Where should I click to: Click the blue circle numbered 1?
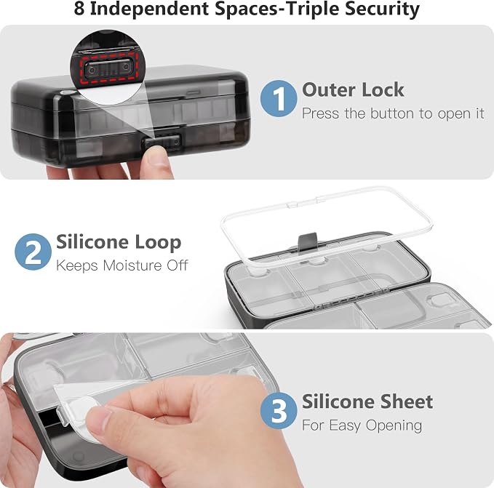(x=279, y=98)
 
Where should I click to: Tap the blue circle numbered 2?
(x=33, y=252)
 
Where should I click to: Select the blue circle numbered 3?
(x=279, y=411)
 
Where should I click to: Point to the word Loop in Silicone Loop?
(x=158, y=243)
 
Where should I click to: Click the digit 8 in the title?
(x=79, y=8)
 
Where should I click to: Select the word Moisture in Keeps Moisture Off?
(x=132, y=265)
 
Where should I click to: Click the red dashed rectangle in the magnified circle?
(x=108, y=69)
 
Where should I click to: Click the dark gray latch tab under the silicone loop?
(x=307, y=242)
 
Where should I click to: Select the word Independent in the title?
(x=149, y=9)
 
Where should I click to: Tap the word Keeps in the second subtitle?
(x=77, y=266)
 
